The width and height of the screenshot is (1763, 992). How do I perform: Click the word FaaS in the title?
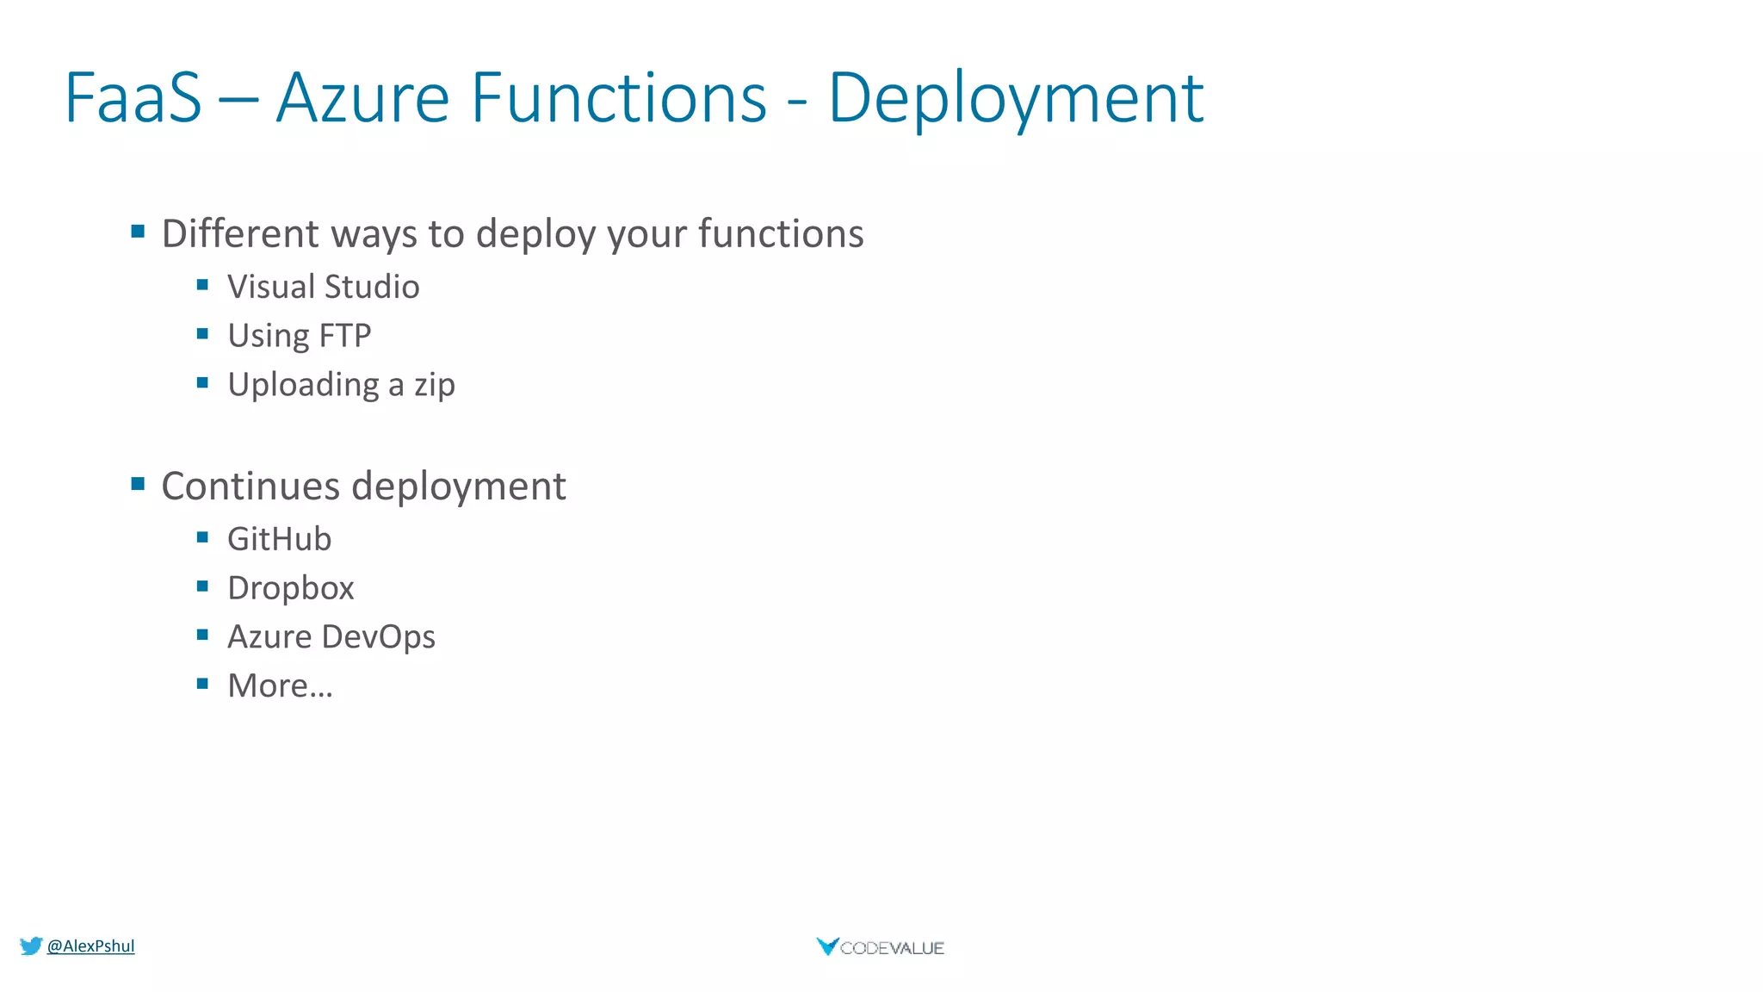[133, 98]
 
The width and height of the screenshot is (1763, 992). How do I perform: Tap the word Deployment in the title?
[1015, 100]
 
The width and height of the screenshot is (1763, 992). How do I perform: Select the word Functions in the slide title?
[618, 98]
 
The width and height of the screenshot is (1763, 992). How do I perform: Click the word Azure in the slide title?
[362, 98]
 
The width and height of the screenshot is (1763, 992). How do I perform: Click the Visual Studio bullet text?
[323, 287]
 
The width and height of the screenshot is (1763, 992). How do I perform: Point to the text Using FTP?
[299, 336]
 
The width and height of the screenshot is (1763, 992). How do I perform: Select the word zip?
[434, 386]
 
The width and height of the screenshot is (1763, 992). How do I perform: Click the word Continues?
[251, 486]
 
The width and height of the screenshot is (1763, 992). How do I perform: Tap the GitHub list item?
[279, 539]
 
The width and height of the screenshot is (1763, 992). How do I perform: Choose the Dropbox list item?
[290, 588]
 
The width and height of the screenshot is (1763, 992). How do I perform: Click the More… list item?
[280, 686]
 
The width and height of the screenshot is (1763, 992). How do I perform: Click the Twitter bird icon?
[31, 946]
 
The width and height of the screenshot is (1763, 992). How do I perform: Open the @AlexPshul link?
[90, 945]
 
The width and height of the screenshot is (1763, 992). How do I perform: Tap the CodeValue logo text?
[892, 948]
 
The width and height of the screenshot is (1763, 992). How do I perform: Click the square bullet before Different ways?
[138, 231]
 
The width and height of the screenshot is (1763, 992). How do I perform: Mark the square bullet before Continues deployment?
[138, 483]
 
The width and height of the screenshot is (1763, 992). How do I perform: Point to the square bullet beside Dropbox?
[202, 586]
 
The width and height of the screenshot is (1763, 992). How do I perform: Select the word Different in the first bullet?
[240, 233]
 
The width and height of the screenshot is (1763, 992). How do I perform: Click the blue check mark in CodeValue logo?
[826, 946]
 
